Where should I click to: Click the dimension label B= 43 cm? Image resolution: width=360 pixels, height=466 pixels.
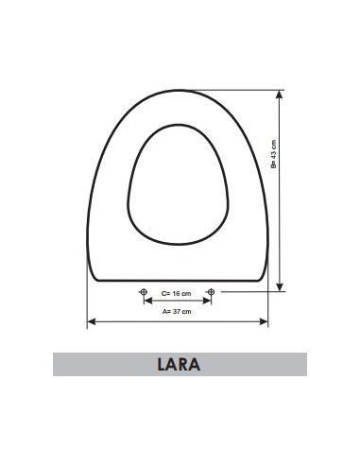273,154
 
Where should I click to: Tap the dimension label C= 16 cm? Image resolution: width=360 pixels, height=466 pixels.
176,294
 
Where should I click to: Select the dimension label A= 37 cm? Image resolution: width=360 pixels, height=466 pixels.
177,312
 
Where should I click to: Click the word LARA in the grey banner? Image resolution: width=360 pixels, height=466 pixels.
179,364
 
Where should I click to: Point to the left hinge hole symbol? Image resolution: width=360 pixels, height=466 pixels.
144,292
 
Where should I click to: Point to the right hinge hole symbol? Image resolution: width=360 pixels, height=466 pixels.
211,292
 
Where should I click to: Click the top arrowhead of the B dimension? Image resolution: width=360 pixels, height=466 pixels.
279,95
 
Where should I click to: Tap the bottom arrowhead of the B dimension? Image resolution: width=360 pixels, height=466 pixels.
279,286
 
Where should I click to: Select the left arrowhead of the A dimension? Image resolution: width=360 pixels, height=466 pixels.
92,321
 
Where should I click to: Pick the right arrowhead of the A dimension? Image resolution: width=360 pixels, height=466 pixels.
264,321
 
